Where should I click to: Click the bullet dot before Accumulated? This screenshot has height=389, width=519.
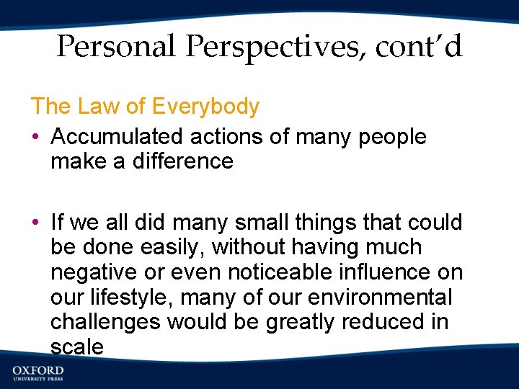tap(35, 138)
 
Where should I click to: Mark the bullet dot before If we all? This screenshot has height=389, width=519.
tap(35, 223)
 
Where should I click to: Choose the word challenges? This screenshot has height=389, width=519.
tap(106, 322)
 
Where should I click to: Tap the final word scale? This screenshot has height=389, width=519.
tap(77, 346)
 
